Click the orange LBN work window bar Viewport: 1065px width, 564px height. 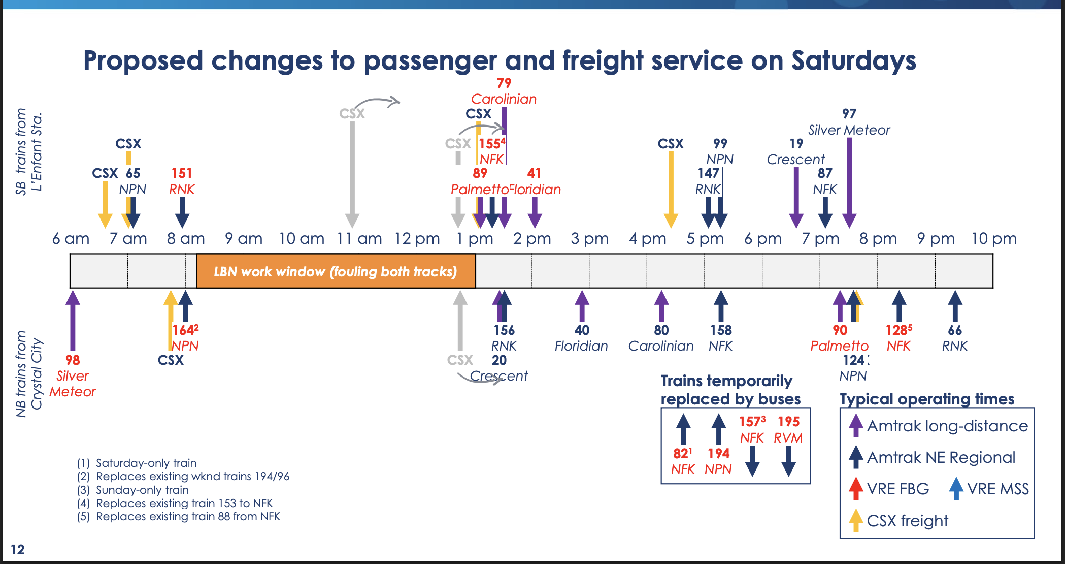click(336, 271)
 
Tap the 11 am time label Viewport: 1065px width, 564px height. click(359, 238)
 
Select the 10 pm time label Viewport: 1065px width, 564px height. click(993, 238)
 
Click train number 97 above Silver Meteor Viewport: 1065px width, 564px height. click(849, 114)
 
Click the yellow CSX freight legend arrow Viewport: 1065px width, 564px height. click(856, 520)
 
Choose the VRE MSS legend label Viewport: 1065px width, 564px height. click(997, 489)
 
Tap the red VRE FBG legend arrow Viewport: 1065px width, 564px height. click(856, 488)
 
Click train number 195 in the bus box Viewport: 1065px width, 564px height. click(788, 422)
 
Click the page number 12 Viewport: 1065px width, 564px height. click(17, 549)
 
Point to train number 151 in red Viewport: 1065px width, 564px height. click(182, 173)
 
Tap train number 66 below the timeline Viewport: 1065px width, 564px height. click(955, 330)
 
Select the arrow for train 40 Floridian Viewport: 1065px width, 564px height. click(582, 305)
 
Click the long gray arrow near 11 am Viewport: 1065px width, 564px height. click(352, 173)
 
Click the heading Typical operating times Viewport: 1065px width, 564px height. click(927, 399)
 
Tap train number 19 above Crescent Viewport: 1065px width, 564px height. click(796, 144)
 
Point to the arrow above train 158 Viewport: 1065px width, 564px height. click(721, 305)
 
